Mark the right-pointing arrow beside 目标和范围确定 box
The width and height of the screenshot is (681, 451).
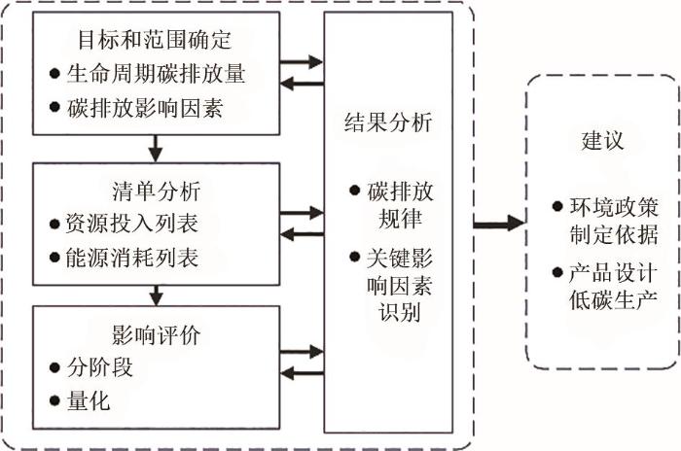(300, 62)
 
